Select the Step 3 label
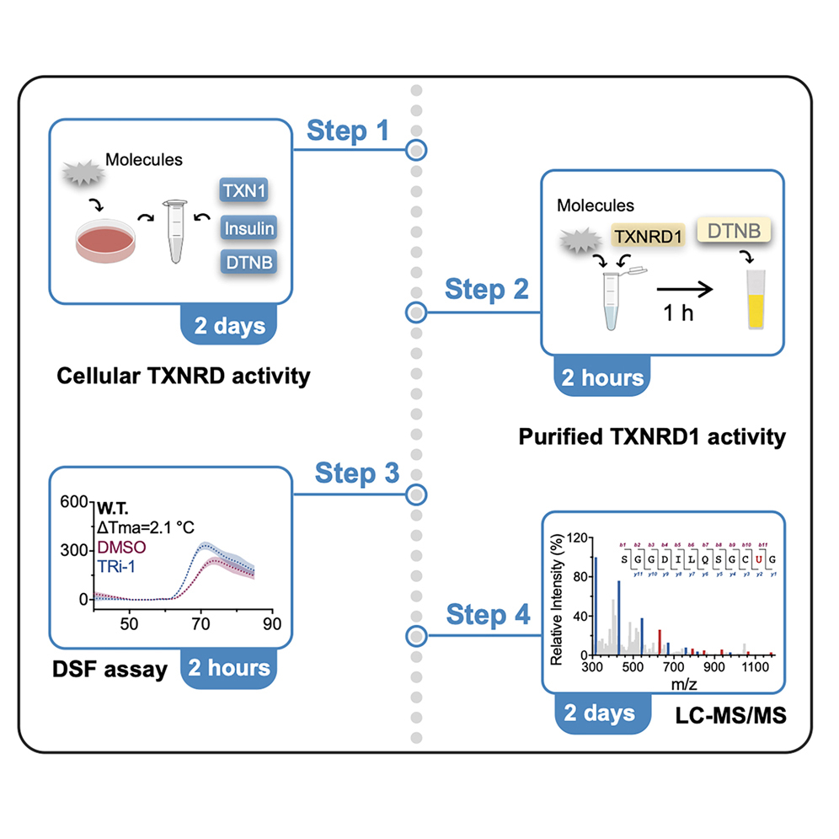[x=356, y=473]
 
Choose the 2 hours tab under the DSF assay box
[x=228, y=669]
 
